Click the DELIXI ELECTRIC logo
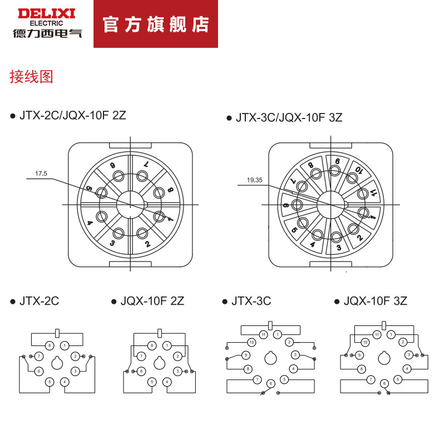click(x=47, y=23)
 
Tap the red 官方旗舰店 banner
click(x=156, y=24)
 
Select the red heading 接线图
click(x=31, y=77)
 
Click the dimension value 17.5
click(x=42, y=174)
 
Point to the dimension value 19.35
click(x=255, y=180)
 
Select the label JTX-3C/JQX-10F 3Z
click(x=289, y=118)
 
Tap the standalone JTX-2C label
click(x=39, y=301)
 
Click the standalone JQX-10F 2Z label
click(x=152, y=301)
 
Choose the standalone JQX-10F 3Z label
click(x=375, y=301)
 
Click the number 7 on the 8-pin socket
click(x=146, y=165)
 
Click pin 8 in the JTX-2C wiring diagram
click(x=50, y=346)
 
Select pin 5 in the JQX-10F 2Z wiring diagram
click(x=152, y=382)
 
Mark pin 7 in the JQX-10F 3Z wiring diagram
click(x=370, y=379)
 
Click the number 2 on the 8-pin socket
click(x=147, y=244)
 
